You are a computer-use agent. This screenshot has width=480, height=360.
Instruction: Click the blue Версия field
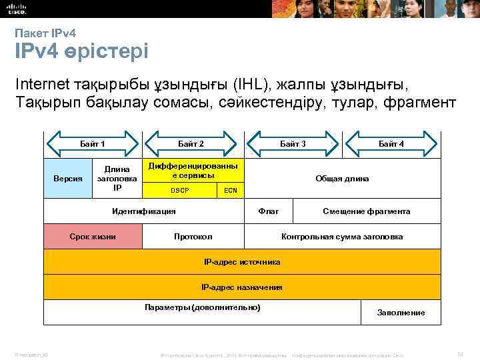(x=67, y=179)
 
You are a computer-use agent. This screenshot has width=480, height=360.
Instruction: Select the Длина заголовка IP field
(x=117, y=178)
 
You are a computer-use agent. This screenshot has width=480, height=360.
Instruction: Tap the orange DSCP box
(x=180, y=190)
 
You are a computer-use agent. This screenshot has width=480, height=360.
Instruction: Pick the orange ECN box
(x=231, y=190)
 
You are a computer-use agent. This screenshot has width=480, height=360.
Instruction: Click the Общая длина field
(x=342, y=179)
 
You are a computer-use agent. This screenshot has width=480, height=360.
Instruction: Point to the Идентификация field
(x=144, y=211)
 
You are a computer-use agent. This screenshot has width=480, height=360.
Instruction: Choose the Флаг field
(x=269, y=211)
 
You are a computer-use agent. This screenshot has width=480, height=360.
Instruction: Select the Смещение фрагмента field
(x=366, y=211)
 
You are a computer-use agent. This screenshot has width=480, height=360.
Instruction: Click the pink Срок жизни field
(x=93, y=237)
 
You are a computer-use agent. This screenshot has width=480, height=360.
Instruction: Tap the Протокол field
(x=193, y=237)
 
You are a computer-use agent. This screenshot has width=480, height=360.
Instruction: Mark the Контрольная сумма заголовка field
(x=342, y=237)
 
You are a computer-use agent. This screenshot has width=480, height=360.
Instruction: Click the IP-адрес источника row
(x=241, y=262)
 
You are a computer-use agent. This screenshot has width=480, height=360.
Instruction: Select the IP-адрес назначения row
(x=241, y=287)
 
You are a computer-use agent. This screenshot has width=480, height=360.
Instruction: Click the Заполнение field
(x=401, y=312)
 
